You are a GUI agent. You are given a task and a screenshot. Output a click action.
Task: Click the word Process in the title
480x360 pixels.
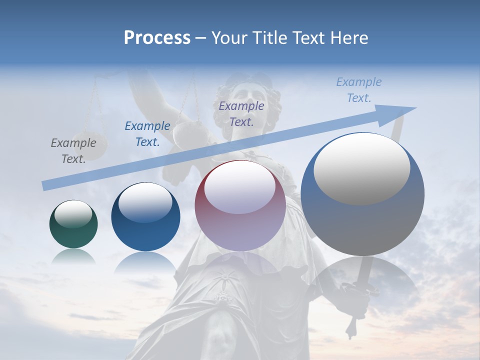157,38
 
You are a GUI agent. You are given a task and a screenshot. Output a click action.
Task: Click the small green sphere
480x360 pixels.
73,224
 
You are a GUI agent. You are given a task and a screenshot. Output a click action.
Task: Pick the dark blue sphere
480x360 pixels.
145,217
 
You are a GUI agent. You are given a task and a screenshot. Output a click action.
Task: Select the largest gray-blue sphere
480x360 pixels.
362,194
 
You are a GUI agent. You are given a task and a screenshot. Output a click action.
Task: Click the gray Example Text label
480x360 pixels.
73,151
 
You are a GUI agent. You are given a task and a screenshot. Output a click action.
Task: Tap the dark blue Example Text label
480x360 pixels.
147,134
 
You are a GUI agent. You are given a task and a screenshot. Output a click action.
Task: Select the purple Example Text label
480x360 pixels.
241,113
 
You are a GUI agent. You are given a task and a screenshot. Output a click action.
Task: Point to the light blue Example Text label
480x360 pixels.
358,90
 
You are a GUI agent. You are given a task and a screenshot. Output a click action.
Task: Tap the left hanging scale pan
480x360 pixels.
91,145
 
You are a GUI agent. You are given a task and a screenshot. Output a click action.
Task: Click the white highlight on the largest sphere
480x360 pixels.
361,168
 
